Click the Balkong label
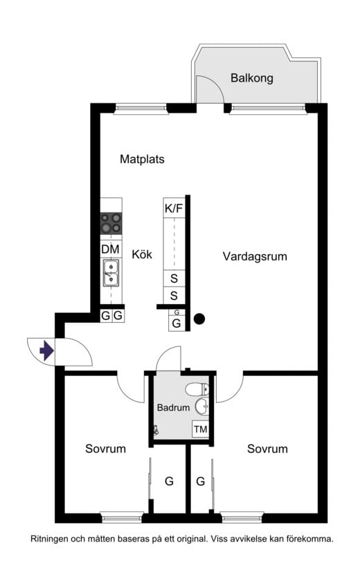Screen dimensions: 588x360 251,78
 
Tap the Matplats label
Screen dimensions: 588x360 142,159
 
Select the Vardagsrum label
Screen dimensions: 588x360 255,256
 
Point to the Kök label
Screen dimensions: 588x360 142,254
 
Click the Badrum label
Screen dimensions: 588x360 172,408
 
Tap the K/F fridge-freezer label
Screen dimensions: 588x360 174,208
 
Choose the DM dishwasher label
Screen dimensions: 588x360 110,249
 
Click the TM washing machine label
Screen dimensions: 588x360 200,429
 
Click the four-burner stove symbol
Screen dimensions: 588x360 111,223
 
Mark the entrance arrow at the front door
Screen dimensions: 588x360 46,351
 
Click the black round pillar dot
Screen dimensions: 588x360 199,319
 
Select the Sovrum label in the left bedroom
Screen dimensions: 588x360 105,449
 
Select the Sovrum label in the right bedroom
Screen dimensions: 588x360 267,449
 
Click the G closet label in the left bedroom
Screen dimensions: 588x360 168,481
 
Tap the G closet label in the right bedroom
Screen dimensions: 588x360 200,481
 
